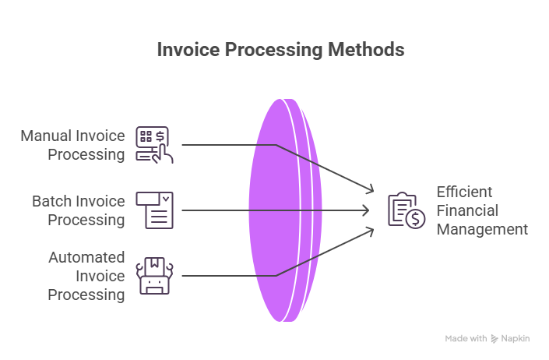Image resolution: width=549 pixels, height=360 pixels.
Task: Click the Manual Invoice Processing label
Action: point(73,145)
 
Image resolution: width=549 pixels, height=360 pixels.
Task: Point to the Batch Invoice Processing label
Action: point(78,210)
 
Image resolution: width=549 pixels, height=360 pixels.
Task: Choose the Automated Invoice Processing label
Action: point(86,276)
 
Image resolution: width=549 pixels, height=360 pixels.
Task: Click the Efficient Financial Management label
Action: point(481,210)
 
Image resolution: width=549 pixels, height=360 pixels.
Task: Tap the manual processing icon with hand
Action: point(154,145)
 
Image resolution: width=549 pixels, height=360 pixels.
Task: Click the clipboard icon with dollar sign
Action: point(406,210)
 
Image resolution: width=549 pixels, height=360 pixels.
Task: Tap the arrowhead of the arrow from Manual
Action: point(370,191)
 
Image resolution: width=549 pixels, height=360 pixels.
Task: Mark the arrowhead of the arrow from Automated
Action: point(370,230)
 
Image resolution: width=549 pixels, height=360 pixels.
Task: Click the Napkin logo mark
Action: point(494,339)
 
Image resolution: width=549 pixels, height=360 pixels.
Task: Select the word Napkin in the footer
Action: point(516,339)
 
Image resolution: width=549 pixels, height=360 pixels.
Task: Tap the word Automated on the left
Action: point(86,257)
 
